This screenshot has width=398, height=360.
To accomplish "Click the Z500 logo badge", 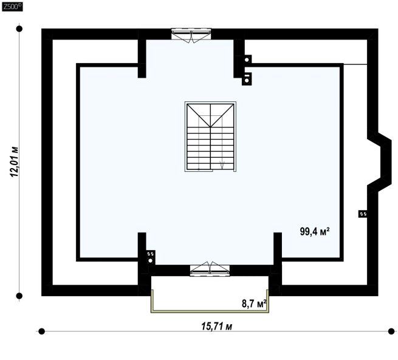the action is (x=12, y=7).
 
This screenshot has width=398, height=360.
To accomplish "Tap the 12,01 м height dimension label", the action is (x=14, y=161).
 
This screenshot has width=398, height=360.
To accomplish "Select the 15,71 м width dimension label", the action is (x=216, y=326).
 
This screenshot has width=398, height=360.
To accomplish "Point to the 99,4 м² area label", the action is (x=315, y=231).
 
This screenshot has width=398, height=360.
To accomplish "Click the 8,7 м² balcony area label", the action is (x=254, y=303).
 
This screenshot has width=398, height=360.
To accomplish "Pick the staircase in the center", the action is (x=210, y=137).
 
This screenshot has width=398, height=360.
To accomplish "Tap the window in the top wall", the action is (x=191, y=35).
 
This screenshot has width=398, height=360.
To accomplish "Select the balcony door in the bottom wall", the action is (x=210, y=269).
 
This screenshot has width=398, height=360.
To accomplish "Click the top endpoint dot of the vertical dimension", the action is (x=19, y=29).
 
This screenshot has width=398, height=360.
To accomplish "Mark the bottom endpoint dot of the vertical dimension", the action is (x=19, y=296).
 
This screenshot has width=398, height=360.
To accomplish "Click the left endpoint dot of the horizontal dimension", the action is (x=42, y=331).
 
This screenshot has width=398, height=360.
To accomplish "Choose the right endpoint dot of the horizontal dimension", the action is (x=391, y=331).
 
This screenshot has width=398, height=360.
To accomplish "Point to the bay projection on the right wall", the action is (x=380, y=161).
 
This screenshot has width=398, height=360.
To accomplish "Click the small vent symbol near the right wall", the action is (x=363, y=214).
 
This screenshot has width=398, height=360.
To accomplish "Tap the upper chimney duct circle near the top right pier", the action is (x=247, y=60).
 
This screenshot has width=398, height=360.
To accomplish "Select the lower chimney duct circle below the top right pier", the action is (x=247, y=81).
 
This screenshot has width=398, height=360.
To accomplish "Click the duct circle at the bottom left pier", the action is (x=150, y=260).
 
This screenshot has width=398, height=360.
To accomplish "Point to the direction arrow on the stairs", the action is (x=222, y=165).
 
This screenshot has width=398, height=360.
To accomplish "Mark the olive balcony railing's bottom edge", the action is (x=210, y=311).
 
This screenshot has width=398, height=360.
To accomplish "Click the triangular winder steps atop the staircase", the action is (x=210, y=115).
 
